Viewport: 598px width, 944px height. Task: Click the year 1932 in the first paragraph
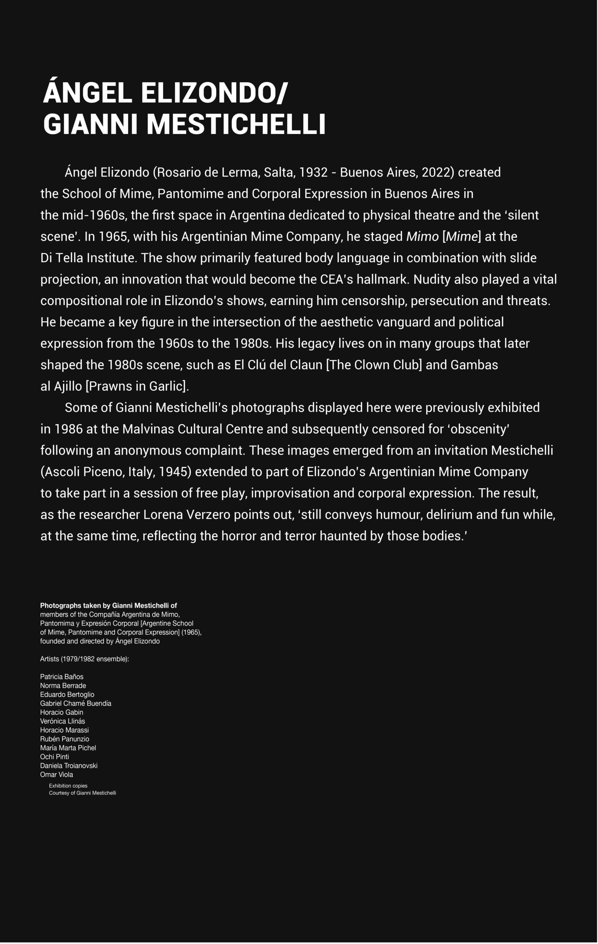[313, 173]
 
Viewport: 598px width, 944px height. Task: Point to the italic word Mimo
[422, 237]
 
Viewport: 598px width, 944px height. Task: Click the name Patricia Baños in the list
[62, 677]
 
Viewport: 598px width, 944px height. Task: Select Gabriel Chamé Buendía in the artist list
[76, 703]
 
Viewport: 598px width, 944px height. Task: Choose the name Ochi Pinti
[55, 757]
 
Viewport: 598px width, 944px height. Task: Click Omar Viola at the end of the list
[56, 775]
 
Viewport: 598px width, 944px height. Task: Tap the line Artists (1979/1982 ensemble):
[85, 659]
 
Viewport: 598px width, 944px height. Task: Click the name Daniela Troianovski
[69, 766]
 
